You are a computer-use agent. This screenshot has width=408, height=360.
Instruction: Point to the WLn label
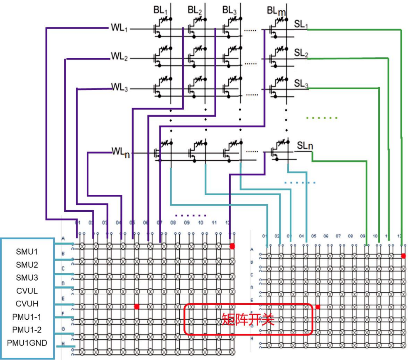[121, 152]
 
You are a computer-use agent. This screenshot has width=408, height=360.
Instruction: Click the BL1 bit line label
[160, 10]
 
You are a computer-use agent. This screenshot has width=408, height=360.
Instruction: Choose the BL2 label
[195, 10]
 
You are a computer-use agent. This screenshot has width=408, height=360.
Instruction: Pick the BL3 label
[230, 10]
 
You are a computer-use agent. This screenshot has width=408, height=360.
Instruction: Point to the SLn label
[305, 146]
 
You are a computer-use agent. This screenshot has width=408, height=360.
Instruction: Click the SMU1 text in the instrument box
[27, 252]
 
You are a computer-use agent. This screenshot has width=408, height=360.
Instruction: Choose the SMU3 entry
[27, 277]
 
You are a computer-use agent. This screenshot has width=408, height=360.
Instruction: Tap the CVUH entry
[27, 304]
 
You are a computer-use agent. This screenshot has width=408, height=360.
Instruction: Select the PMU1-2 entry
[27, 330]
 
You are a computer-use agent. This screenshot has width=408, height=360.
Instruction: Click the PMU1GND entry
[27, 343]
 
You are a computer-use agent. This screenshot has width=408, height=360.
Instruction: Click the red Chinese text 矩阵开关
[248, 319]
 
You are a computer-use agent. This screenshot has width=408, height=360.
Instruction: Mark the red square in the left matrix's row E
[137, 306]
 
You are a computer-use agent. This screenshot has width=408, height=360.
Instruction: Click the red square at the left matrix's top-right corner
[232, 246]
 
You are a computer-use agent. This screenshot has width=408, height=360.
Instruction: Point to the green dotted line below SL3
[322, 118]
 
